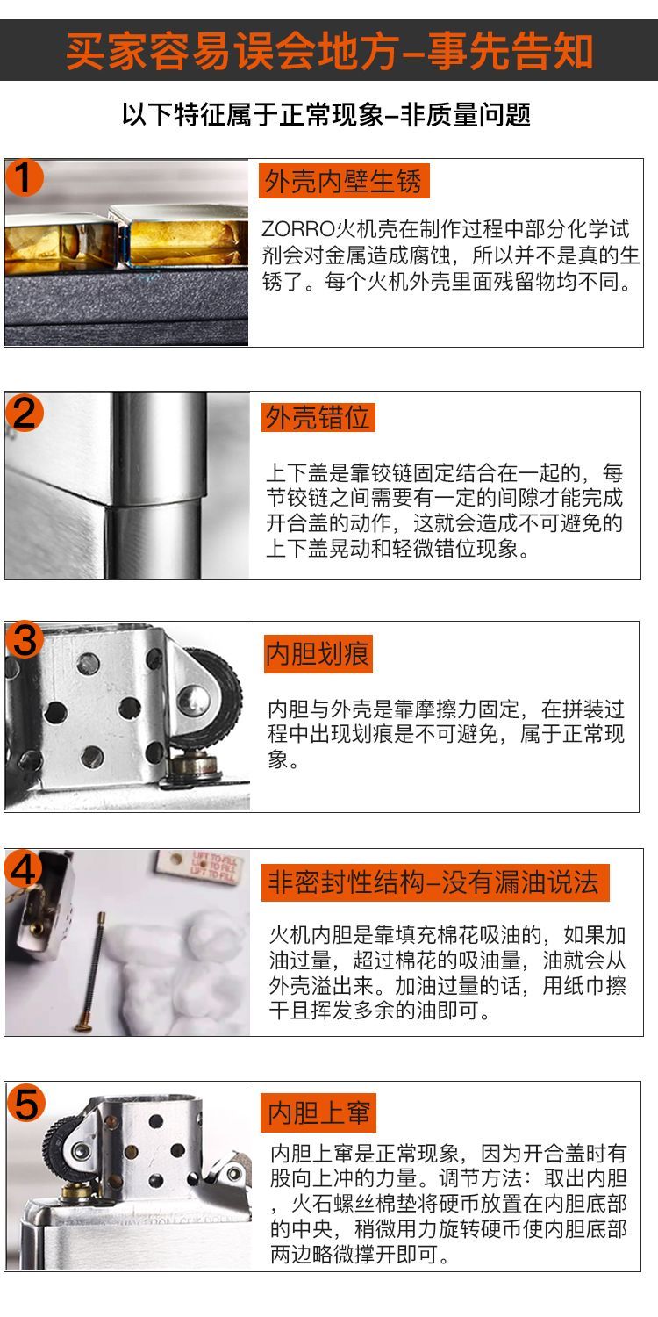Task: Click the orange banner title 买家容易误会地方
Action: [x=232, y=51]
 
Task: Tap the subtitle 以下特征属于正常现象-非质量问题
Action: [x=326, y=114]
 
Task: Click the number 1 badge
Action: [x=24, y=177]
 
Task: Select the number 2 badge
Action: [x=24, y=412]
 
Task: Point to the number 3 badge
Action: [x=24, y=640]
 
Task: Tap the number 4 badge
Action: [x=24, y=868]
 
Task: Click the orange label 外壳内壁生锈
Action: [x=344, y=181]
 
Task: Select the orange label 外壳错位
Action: [x=318, y=418]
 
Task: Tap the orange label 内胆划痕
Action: [x=318, y=654]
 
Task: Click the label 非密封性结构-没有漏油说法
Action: [x=435, y=882]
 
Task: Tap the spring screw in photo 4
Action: [x=91, y=972]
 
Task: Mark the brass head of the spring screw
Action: [x=83, y=1026]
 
